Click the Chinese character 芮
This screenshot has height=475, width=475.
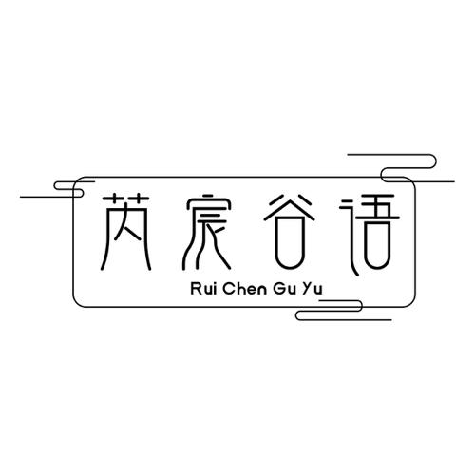[x=126, y=233]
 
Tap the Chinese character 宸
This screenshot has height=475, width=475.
[x=207, y=232]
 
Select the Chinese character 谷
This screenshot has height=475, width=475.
[x=290, y=232]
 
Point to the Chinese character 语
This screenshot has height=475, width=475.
[x=370, y=235]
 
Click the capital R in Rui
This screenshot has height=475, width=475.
[x=196, y=289]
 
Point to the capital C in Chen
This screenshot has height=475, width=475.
[x=228, y=289]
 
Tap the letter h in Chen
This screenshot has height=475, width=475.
[x=239, y=289]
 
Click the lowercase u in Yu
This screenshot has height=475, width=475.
[x=317, y=291]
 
